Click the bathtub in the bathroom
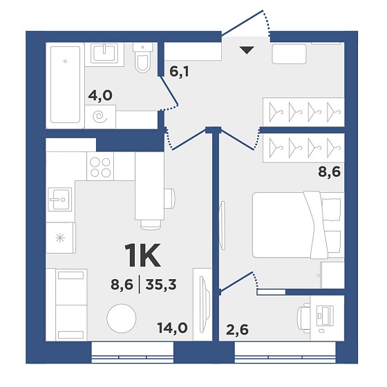point(65,84)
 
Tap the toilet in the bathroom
point(143,58)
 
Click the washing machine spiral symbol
point(100,117)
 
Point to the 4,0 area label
point(100,95)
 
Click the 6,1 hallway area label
point(179,72)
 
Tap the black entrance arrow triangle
point(247,50)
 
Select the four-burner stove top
point(100,166)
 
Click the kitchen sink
point(59,199)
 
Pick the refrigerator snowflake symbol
point(60,238)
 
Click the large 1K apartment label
point(143,255)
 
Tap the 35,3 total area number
point(161,285)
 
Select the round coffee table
point(122,318)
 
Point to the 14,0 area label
point(173,328)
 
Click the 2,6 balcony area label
point(237,330)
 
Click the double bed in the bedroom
point(298,225)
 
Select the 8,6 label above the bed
point(329,171)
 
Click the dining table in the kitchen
point(149,186)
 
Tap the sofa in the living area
point(66,305)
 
